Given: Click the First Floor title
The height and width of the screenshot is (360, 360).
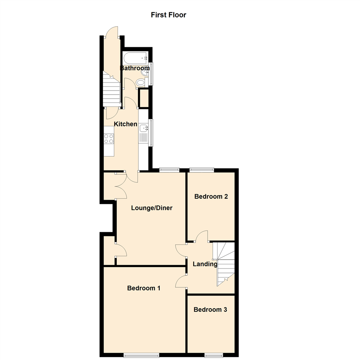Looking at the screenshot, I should click(168, 15).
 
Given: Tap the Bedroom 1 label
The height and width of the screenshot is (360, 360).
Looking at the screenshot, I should click(144, 288).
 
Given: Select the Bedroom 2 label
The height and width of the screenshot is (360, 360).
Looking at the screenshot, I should click(211, 196).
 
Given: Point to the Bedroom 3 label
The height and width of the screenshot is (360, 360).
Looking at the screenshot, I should click(210, 310).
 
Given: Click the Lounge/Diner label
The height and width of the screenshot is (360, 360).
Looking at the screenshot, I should click(152, 208).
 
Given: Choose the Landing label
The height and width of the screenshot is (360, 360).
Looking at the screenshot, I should click(205, 264).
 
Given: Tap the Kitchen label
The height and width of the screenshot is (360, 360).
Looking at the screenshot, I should click(126, 124).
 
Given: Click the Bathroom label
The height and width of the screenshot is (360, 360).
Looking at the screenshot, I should click(135, 68).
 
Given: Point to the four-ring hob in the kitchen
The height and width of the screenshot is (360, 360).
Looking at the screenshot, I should click(108, 139).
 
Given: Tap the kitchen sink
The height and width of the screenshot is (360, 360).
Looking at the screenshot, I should click(143, 128).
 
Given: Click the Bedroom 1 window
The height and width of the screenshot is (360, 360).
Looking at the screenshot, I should click(141, 356).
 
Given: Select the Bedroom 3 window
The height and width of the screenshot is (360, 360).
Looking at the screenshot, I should click(214, 356).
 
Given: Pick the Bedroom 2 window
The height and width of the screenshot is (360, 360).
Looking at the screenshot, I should click(202, 170).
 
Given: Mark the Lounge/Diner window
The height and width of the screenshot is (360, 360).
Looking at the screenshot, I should click(169, 170).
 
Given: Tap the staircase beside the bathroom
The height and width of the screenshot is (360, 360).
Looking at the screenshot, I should click(111, 90).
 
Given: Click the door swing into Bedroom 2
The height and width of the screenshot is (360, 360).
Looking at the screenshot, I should click(202, 236).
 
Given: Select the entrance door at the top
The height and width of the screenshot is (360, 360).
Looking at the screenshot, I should click(112, 32).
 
